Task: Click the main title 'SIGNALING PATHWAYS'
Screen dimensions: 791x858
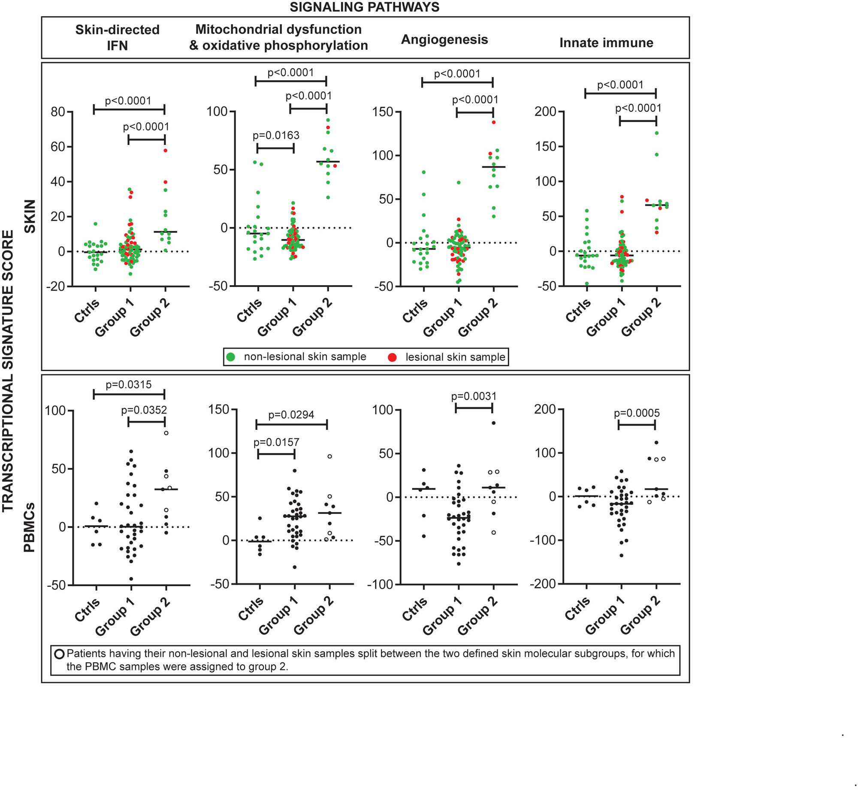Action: click(x=364, y=7)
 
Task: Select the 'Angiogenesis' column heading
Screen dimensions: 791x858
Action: click(x=444, y=39)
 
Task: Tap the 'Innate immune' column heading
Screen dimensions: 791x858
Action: click(x=606, y=42)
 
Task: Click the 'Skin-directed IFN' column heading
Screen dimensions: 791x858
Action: click(x=117, y=37)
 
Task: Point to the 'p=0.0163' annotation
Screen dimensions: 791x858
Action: click(x=276, y=136)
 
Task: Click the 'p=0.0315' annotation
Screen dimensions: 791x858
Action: click(x=129, y=384)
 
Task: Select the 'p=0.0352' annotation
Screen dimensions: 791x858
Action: click(x=144, y=410)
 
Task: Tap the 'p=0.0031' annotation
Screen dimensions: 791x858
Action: click(x=474, y=396)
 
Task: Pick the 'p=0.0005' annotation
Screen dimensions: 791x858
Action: click(x=637, y=413)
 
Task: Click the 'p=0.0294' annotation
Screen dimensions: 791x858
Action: click(x=291, y=415)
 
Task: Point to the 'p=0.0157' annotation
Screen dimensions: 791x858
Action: click(x=276, y=442)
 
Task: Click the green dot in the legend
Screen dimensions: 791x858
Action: click(x=231, y=357)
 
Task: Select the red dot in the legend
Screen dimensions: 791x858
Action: click(x=392, y=357)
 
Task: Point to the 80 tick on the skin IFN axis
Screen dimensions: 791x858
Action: click(x=58, y=112)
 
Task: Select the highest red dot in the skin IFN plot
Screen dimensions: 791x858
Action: click(x=165, y=151)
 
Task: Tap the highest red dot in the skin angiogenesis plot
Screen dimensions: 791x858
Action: click(x=493, y=122)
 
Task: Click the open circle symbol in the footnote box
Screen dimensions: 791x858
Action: click(x=60, y=654)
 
